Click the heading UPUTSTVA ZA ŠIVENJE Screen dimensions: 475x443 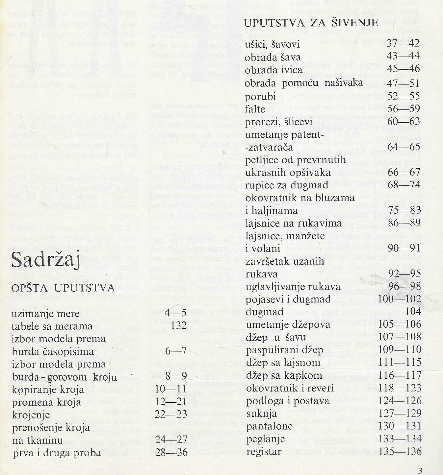coord(311,23)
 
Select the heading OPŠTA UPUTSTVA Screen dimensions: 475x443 coord(63,288)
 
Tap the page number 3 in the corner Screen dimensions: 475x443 coord(420,470)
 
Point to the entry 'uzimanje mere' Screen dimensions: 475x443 coord(45,314)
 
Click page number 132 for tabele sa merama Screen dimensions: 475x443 coord(179,325)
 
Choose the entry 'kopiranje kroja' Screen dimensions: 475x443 coord(48,390)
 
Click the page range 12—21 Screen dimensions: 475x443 coord(171,401)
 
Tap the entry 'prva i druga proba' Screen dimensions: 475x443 coord(57,453)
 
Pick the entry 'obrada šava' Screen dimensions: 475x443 coord(273,57)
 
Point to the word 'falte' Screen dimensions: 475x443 coord(255,109)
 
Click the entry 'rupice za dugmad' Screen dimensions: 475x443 coord(287,185)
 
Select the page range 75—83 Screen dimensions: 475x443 coord(404,210)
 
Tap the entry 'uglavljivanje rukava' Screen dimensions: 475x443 coord(293,287)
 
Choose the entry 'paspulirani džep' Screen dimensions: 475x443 coord(285,350)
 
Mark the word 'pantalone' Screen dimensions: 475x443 coord(269,426)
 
